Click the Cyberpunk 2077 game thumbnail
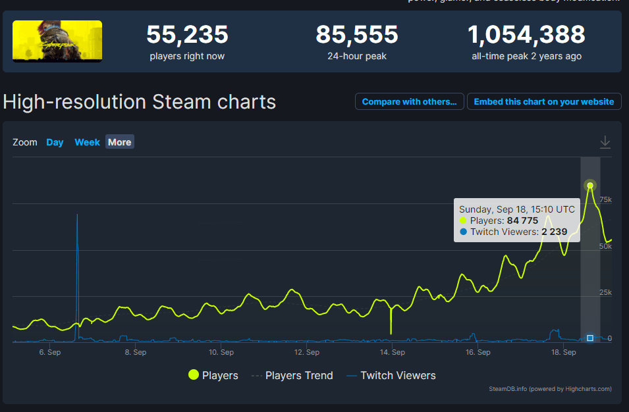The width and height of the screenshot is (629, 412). click(x=57, y=41)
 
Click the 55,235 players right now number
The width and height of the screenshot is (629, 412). click(x=187, y=34)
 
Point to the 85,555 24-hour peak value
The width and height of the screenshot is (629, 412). click(x=357, y=34)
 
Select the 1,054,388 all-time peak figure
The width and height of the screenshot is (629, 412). click(x=526, y=34)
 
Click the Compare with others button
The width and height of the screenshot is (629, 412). click(x=409, y=102)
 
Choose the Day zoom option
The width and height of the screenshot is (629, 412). click(x=55, y=142)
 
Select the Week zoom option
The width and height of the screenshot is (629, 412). click(x=87, y=142)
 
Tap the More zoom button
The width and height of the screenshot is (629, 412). click(x=119, y=142)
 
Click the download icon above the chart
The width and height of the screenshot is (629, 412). click(x=605, y=142)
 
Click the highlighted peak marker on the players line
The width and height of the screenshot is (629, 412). click(x=590, y=186)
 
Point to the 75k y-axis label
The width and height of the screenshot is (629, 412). click(x=605, y=199)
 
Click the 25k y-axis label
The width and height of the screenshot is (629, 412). click(x=605, y=292)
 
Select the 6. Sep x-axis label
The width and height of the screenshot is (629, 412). click(x=50, y=352)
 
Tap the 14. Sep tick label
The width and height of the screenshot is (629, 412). click(x=393, y=352)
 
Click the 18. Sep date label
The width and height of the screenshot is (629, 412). click(x=564, y=352)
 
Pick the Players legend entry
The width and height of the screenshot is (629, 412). click(x=213, y=375)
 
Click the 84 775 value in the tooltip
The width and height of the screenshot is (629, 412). click(x=522, y=220)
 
